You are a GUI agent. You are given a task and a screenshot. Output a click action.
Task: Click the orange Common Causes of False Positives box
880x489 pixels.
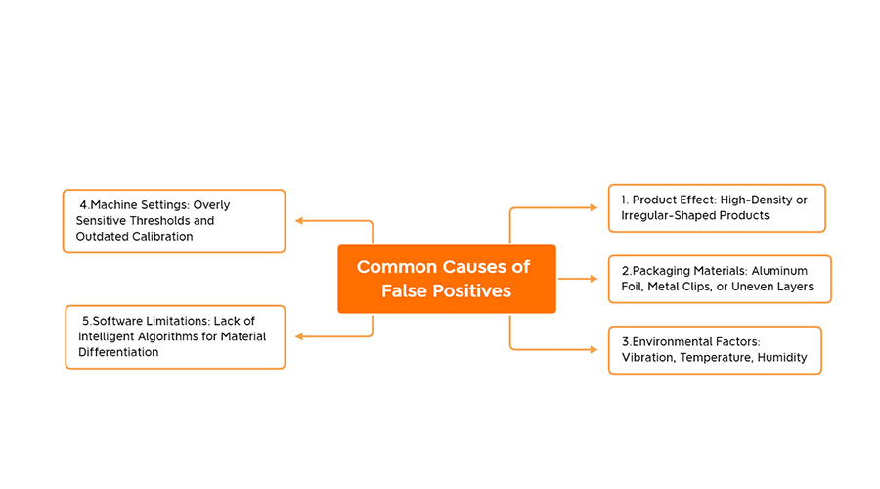coord(447,279)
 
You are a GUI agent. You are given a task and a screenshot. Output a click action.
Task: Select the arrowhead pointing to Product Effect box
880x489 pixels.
coord(594,207)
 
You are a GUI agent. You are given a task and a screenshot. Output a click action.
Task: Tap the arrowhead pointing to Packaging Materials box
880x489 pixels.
coord(594,279)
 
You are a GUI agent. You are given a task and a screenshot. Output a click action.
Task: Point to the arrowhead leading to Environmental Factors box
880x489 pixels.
coord(594,350)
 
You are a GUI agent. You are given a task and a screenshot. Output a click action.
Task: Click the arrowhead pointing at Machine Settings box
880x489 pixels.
coord(299,221)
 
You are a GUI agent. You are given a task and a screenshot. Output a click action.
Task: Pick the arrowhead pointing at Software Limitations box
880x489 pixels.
coord(299,336)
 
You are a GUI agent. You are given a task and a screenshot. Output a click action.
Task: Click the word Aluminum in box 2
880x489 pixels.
coord(779,271)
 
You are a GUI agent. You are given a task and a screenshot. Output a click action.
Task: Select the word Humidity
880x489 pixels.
coord(782,358)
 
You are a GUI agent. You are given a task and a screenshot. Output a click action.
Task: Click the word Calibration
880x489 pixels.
coord(161,237)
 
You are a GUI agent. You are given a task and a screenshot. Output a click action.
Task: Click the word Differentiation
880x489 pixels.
coord(118,352)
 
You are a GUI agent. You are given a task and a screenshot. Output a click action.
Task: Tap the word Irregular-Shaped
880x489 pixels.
coord(657,215)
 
